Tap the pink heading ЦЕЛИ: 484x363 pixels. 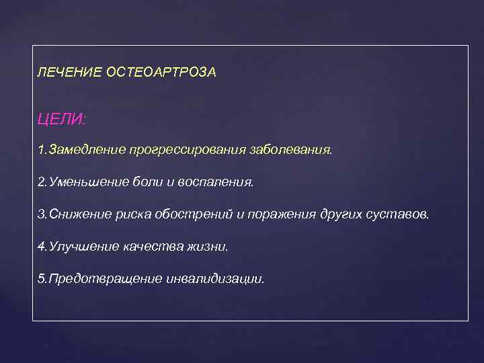[63, 119]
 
